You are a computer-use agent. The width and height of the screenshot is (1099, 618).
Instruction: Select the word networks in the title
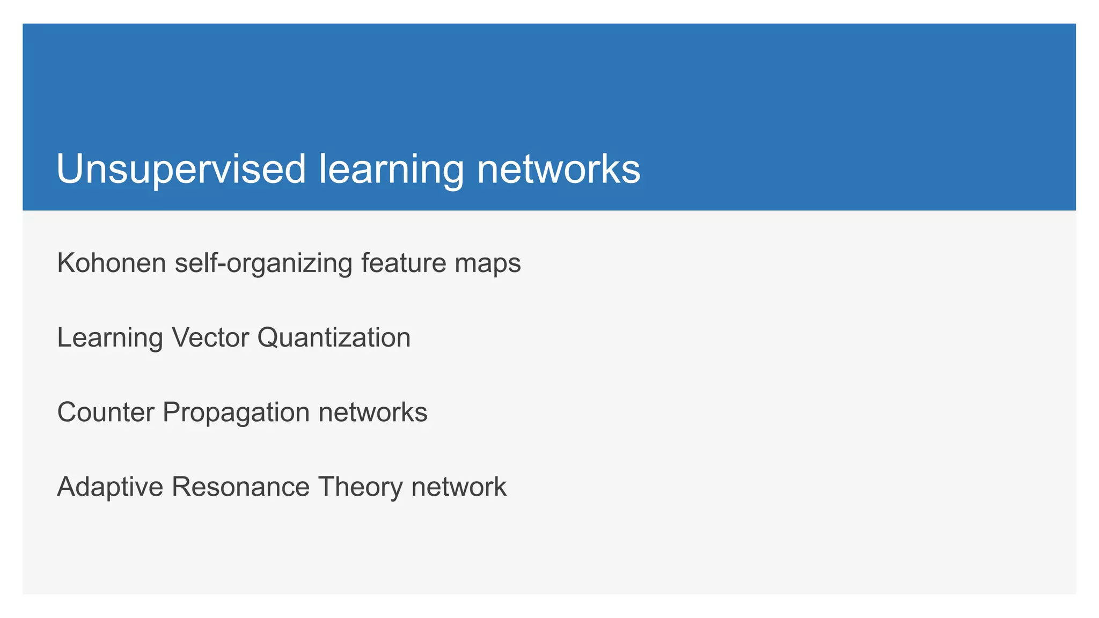pyautogui.click(x=559, y=170)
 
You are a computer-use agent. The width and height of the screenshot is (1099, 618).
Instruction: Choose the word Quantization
pyautogui.click(x=334, y=337)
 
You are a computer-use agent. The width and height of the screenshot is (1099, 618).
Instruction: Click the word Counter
pyautogui.click(x=105, y=413)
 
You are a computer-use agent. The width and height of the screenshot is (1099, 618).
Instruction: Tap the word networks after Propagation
pyautogui.click(x=373, y=413)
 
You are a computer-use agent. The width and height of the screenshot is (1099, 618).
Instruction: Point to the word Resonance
pyautogui.click(x=240, y=487)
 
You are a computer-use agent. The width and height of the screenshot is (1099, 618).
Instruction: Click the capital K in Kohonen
pyautogui.click(x=65, y=263)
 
